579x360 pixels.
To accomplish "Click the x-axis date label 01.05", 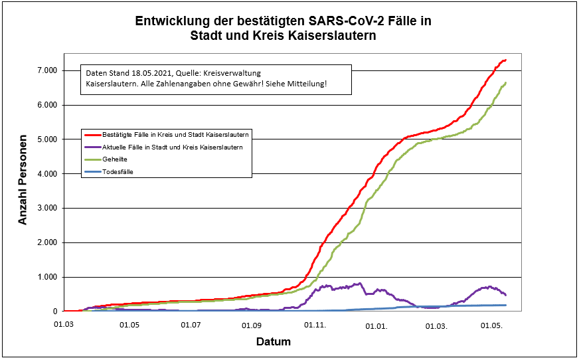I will coord(129,325).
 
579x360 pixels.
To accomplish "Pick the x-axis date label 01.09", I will coord(252,325).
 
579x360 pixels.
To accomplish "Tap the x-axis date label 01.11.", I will coord(315,325).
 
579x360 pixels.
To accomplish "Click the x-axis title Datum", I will coord(273,342).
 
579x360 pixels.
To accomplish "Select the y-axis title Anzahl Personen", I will coord(23,180).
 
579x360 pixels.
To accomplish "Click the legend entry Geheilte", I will coord(115,160).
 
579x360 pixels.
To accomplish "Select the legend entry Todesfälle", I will coord(118,172).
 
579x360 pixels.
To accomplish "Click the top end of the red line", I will coord(505,60).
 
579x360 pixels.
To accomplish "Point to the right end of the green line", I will coord(505,83).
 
